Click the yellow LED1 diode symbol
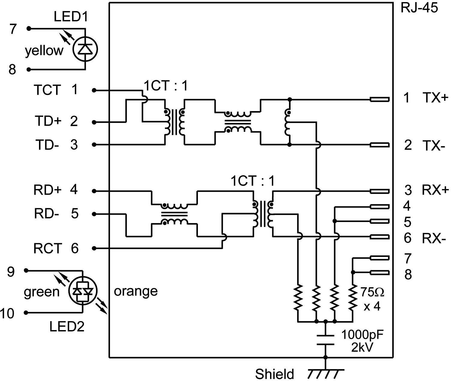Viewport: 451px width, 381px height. pos(85,49)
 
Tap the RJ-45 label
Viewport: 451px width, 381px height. pos(419,8)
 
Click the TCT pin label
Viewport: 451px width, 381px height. pos(47,90)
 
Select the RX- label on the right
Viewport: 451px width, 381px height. pos(432,238)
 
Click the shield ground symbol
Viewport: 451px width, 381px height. pos(325,373)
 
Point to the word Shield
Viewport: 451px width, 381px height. pos(274,374)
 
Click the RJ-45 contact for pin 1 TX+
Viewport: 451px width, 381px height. pos(380,99)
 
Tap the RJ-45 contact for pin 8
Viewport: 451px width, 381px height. pos(380,272)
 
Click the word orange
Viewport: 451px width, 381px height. pos(136,291)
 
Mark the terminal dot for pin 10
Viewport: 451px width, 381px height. pos(26,313)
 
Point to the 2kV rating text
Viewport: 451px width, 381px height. pos(362,348)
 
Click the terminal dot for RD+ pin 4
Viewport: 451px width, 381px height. pos(94,191)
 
